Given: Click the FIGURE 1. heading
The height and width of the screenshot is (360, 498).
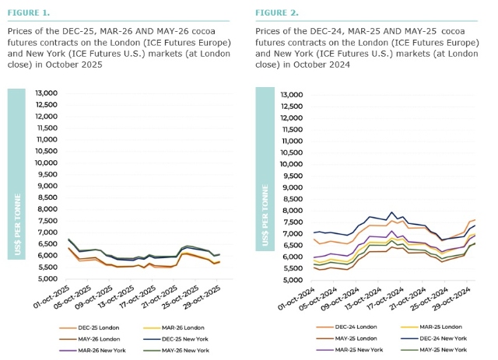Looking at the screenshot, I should click(x=30, y=13).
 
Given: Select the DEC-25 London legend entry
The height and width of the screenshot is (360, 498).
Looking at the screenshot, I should click(x=85, y=327).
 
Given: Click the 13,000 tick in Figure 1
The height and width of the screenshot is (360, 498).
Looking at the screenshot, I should click(x=46, y=93).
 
